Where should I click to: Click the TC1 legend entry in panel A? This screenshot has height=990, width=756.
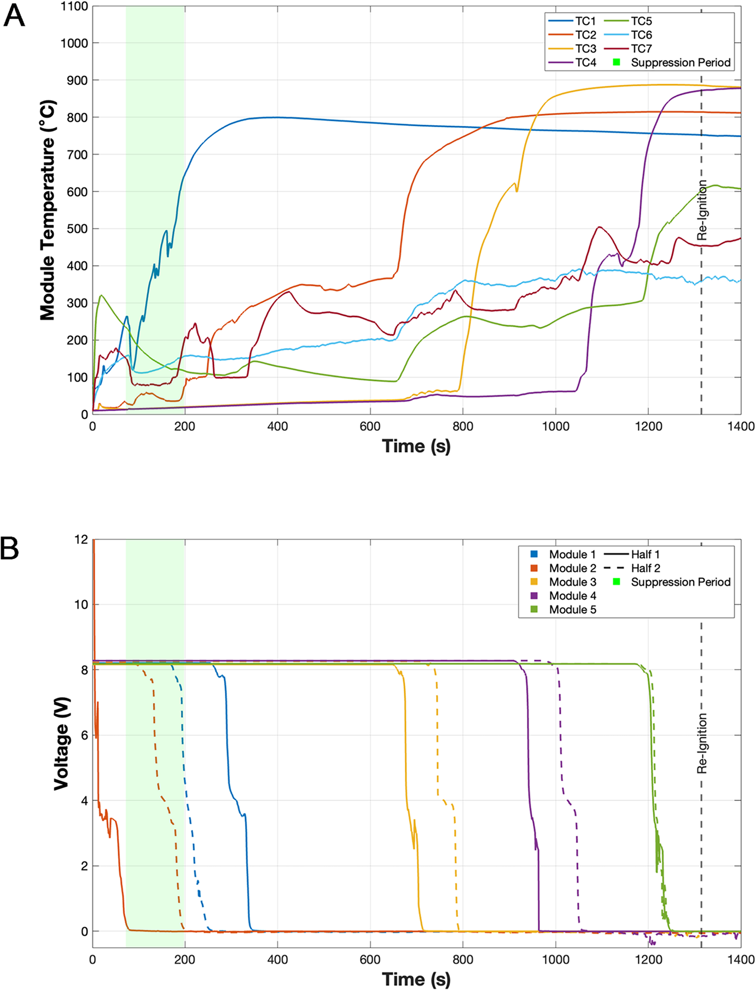572,21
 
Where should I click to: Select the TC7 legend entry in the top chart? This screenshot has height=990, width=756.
628,49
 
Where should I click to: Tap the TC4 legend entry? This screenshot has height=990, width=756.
572,63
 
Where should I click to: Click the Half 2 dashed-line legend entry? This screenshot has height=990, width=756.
632,568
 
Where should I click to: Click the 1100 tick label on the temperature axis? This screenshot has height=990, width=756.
74,7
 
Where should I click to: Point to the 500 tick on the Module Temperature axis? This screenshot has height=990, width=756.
78,229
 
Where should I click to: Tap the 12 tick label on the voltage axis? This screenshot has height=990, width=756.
82,540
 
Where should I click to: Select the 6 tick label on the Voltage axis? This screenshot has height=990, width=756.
85,735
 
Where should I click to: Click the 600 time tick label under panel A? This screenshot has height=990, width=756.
370,426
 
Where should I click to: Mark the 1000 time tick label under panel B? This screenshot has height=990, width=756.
556,960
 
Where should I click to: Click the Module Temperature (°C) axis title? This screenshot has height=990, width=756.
48,210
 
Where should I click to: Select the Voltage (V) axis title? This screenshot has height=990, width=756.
62,743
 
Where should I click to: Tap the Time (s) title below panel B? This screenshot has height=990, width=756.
417,979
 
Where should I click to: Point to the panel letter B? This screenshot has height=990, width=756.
10,548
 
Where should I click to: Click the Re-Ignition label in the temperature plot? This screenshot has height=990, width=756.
702,210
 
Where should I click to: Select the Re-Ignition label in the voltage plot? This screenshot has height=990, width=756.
702,743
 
